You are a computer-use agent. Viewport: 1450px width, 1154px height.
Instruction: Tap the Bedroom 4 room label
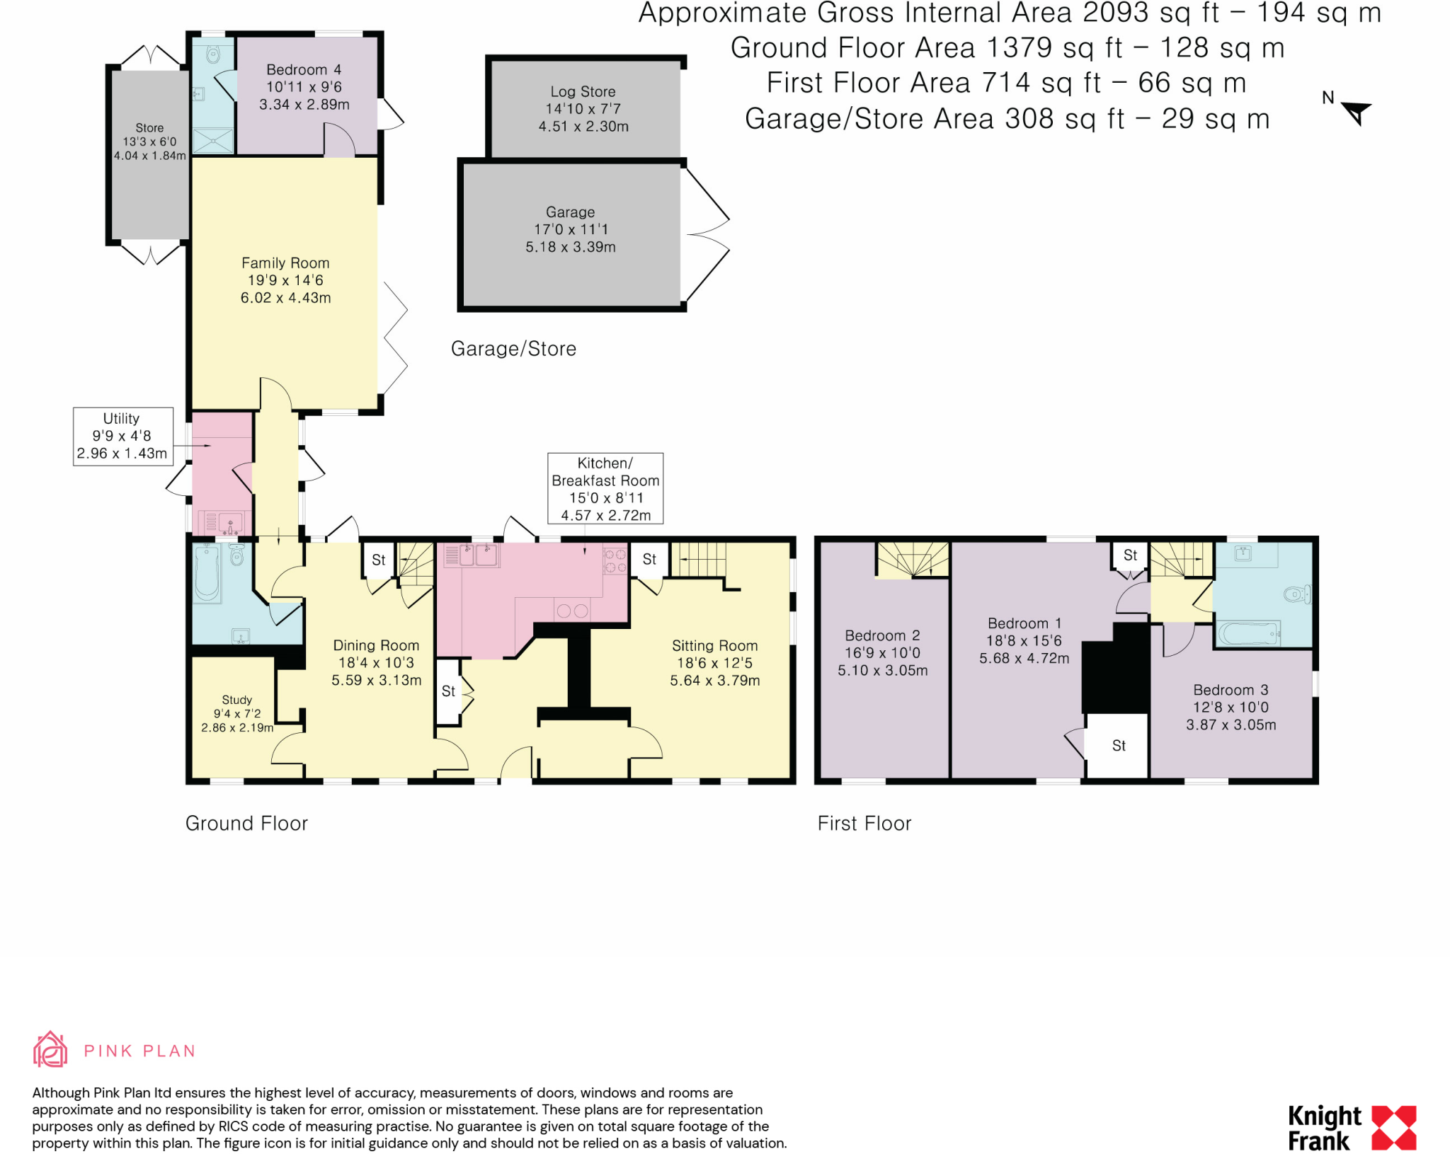click(304, 69)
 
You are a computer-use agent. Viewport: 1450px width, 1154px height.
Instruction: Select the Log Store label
click(583, 91)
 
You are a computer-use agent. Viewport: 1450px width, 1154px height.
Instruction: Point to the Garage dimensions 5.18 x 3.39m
click(571, 247)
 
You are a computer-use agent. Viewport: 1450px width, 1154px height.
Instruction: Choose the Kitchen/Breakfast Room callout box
click(605, 488)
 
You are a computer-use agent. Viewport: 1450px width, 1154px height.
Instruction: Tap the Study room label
click(236, 700)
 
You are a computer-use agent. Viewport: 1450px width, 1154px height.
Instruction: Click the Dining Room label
click(376, 645)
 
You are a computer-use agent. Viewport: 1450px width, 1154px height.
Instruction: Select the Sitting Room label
click(715, 645)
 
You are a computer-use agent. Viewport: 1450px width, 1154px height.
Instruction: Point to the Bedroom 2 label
click(883, 635)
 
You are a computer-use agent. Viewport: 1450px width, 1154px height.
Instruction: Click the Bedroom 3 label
click(1231, 690)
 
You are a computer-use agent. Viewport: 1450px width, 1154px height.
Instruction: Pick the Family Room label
click(285, 263)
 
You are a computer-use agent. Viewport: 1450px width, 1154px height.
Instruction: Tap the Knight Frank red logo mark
click(1394, 1128)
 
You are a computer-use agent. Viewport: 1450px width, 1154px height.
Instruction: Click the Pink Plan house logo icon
click(50, 1049)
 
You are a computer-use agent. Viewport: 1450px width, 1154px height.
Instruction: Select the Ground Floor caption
click(246, 824)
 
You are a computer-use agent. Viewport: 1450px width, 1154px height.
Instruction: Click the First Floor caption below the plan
click(864, 824)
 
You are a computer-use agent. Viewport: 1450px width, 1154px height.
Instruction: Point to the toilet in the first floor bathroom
click(1297, 594)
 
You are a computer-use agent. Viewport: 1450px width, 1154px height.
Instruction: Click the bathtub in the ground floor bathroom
click(207, 572)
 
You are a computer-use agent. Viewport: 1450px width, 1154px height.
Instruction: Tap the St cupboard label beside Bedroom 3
click(1119, 745)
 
